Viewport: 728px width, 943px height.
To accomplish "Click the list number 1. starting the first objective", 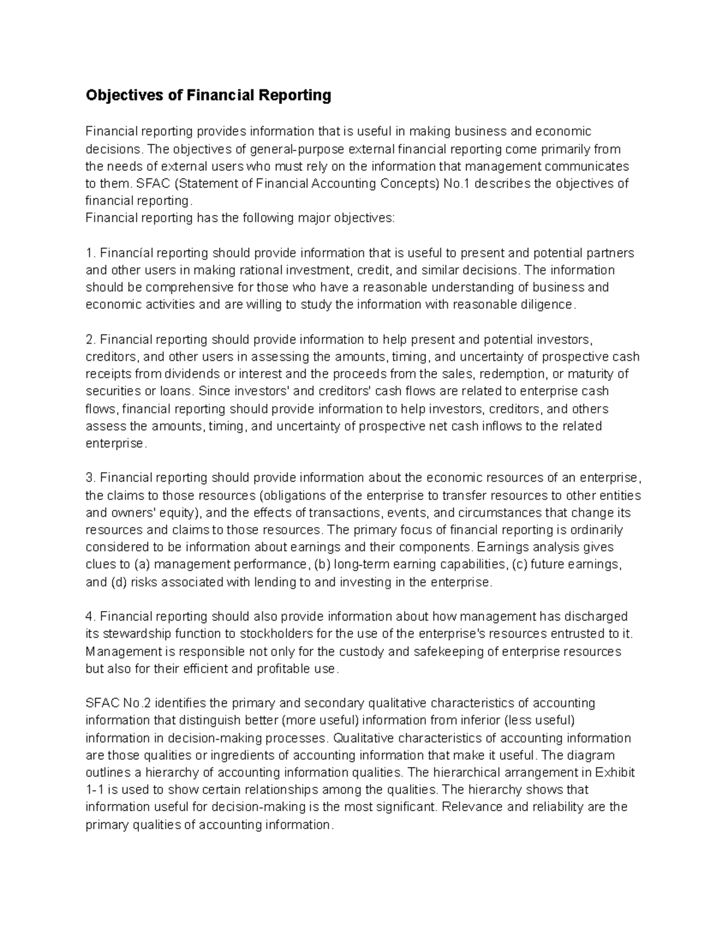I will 90,253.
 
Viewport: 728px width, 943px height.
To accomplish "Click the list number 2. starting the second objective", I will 90,339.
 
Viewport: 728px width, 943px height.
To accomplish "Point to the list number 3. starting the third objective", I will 90,477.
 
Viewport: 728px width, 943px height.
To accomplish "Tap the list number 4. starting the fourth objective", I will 90,616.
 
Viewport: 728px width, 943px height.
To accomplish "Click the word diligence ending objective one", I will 546,304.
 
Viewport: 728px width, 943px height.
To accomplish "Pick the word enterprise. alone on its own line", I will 115,443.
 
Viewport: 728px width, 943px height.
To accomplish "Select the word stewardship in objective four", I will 137,634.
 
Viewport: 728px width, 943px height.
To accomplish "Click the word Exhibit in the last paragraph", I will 615,772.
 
